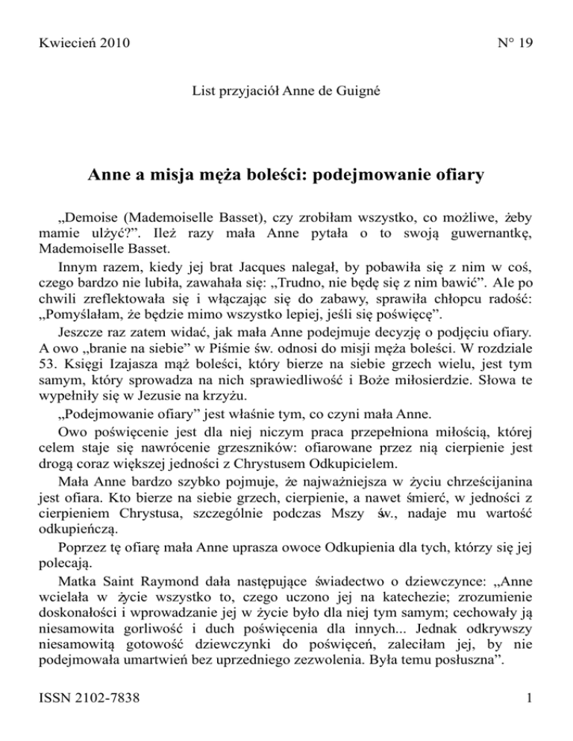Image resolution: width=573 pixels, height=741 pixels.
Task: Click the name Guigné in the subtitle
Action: [357, 94]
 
